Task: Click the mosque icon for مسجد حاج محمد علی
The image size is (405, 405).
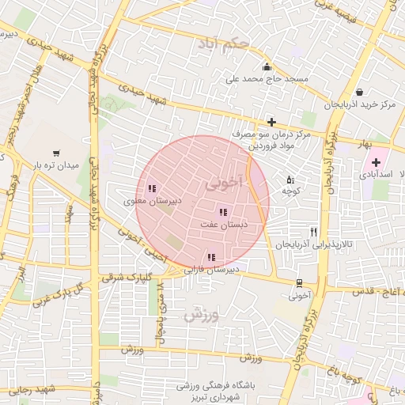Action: (x=267, y=66)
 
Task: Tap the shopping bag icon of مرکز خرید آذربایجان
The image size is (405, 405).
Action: (x=360, y=92)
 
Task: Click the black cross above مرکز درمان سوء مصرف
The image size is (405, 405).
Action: (x=271, y=122)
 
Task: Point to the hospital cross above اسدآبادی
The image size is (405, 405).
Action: (x=376, y=162)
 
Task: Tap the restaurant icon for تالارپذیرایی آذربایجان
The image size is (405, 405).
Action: (x=314, y=232)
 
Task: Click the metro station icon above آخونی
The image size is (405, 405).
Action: (x=298, y=283)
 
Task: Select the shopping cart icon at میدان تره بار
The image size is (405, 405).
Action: (x=55, y=153)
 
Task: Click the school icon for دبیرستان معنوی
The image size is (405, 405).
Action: (x=151, y=188)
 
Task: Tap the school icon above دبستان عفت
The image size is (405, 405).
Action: (x=222, y=212)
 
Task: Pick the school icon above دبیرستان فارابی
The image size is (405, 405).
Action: (x=210, y=257)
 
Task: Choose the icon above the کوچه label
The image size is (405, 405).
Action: (x=290, y=179)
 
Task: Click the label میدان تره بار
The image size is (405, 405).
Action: (x=55, y=165)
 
